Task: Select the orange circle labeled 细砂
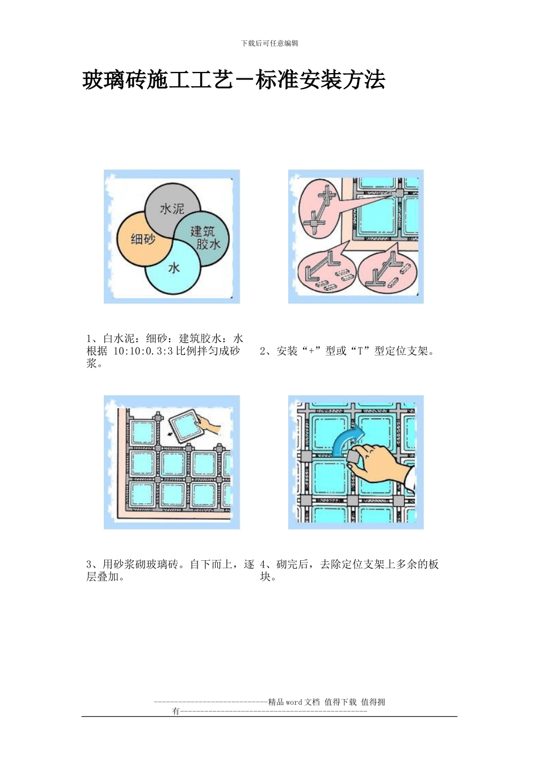(x=142, y=239)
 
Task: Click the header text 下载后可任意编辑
(x=269, y=43)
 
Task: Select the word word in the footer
(x=294, y=702)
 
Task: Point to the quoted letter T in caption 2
(x=360, y=351)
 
